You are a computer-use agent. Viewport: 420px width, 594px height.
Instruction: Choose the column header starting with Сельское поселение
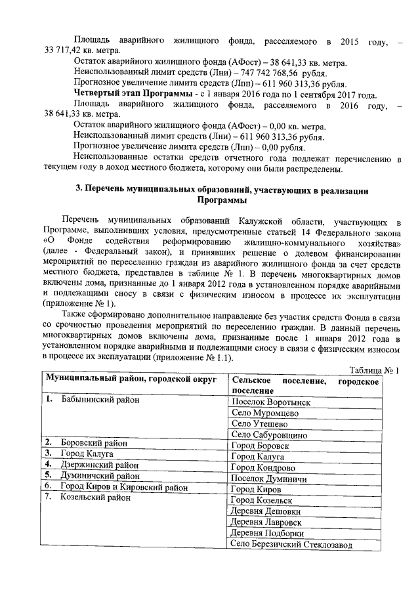[305, 385]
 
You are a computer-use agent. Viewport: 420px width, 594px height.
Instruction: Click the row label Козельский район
[97, 498]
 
